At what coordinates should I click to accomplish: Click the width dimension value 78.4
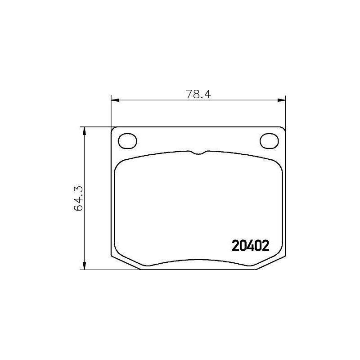(x=198, y=94)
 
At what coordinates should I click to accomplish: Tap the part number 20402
(x=250, y=246)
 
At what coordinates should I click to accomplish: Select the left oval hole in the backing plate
(x=127, y=141)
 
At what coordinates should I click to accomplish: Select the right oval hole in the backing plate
(x=269, y=141)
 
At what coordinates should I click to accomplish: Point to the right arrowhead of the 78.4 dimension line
(x=282, y=100)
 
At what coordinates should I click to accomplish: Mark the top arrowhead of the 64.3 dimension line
(x=84, y=130)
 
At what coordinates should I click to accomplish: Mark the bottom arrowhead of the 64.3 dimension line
(x=84, y=266)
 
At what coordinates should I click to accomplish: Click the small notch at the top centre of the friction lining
(x=198, y=153)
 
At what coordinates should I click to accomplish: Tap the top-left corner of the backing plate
(x=113, y=129)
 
